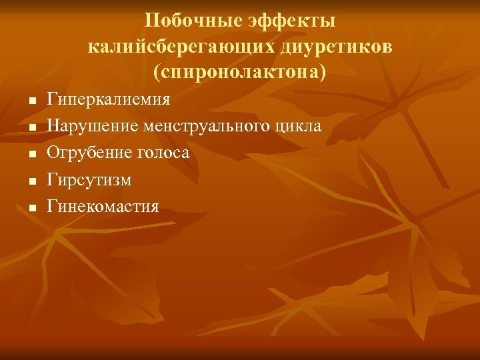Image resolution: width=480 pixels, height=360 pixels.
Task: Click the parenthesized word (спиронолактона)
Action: point(240,72)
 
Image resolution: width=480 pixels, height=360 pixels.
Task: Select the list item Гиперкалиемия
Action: point(109,100)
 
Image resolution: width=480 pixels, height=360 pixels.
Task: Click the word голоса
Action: point(161,153)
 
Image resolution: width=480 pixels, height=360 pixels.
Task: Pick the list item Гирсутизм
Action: point(89,180)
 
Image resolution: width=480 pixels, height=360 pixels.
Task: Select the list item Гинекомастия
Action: point(103,206)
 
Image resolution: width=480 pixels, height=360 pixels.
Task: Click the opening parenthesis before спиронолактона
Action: point(157,72)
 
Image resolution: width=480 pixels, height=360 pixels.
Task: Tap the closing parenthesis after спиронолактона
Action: point(323,72)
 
